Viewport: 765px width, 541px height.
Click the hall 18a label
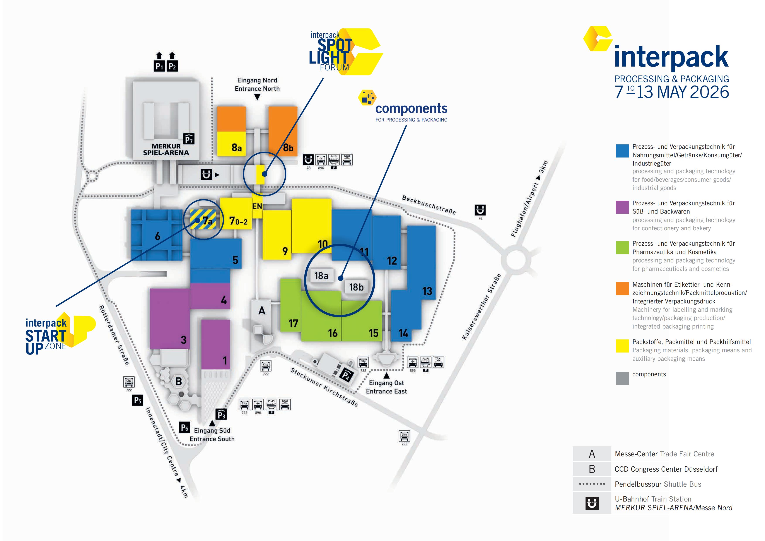point(321,276)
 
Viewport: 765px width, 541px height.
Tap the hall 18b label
point(356,287)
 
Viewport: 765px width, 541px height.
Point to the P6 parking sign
point(184,427)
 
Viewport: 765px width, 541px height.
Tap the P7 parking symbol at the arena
point(189,139)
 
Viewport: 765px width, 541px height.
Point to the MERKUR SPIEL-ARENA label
point(166,149)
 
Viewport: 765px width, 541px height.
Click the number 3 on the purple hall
point(183,340)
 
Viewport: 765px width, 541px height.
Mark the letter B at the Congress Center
point(179,381)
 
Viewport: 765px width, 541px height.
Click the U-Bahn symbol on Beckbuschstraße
point(480,210)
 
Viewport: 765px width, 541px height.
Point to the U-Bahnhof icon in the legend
point(592,503)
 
